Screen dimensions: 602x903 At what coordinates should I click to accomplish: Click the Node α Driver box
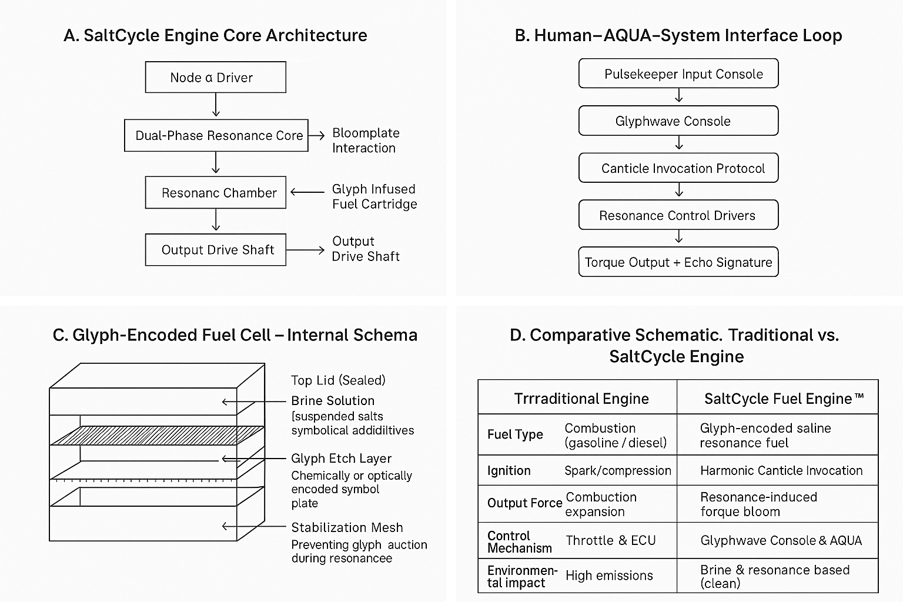[215, 77]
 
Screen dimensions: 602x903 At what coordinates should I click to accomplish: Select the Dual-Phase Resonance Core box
[216, 135]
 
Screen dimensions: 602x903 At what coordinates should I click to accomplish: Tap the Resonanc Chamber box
[215, 192]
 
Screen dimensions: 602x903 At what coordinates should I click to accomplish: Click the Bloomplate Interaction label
[365, 141]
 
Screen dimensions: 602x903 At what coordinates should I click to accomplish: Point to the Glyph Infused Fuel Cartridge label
[374, 196]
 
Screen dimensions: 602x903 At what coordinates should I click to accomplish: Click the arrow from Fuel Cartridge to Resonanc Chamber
[307, 192]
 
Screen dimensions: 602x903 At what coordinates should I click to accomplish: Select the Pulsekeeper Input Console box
[678, 73]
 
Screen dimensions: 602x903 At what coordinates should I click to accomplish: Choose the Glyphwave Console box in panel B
[678, 121]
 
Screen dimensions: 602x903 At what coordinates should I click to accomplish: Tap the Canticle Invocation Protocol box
[678, 168]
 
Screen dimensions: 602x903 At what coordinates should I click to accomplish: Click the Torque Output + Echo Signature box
[678, 262]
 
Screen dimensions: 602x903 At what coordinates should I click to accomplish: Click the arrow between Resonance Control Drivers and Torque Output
[679, 236]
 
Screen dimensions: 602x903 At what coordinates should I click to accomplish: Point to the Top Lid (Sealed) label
[338, 380]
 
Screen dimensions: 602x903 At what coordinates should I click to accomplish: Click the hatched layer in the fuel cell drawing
[156, 435]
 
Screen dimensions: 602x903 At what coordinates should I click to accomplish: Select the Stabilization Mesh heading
[347, 527]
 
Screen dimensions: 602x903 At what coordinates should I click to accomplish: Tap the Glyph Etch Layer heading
[341, 459]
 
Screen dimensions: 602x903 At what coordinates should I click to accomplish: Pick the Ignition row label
[509, 470]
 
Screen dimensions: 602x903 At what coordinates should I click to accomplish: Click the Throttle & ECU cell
[610, 540]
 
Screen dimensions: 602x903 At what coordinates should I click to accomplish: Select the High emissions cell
[609, 576]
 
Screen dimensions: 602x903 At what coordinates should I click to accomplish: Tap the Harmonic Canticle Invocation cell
[781, 470]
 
